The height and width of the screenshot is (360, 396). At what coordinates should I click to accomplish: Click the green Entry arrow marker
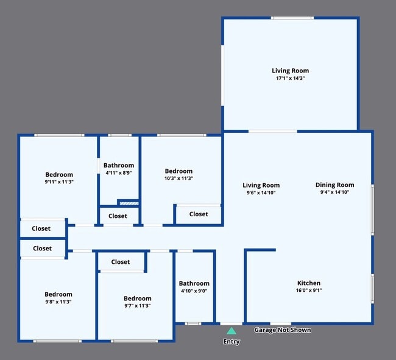(x=231, y=331)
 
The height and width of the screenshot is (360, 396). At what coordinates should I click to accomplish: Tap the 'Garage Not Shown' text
(x=282, y=330)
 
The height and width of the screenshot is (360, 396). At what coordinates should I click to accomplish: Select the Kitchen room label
(x=308, y=283)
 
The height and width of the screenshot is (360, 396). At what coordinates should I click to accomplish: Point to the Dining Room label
(x=334, y=185)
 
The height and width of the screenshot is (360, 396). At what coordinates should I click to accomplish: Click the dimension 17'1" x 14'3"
(x=290, y=78)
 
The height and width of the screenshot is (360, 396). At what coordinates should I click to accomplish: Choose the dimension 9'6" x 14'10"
(x=261, y=192)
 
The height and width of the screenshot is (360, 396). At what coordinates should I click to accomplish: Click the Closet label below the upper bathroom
(x=118, y=216)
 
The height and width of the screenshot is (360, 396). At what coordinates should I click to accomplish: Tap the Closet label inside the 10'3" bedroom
(x=199, y=214)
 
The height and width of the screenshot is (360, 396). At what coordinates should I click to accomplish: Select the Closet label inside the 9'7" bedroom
(x=121, y=262)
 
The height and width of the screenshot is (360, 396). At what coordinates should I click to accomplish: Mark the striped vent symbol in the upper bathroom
(x=129, y=203)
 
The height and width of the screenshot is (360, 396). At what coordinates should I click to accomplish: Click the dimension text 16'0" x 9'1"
(x=308, y=290)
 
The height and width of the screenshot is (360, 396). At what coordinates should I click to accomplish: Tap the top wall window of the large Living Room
(x=292, y=18)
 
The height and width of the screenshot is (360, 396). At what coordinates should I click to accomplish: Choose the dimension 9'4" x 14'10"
(x=334, y=192)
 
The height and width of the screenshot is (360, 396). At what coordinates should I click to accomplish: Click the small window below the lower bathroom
(x=193, y=323)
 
